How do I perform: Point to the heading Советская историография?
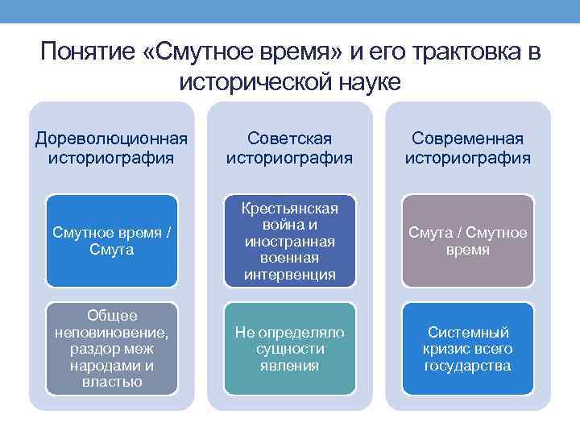[x=290, y=147]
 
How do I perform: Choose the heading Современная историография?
[x=468, y=147]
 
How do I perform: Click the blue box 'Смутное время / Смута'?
[x=111, y=241]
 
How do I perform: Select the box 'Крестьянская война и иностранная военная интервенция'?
[x=290, y=241]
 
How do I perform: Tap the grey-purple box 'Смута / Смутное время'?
[x=468, y=241]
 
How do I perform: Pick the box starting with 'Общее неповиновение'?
[x=111, y=349]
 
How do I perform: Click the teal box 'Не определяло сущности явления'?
[x=290, y=349]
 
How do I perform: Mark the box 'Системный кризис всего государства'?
[x=468, y=349]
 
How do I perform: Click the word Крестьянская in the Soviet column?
[x=290, y=208]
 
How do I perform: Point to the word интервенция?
[x=290, y=275]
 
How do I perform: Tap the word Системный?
[x=468, y=332]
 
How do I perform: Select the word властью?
[x=111, y=382]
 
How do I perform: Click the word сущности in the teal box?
[x=290, y=349]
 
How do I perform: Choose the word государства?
[x=468, y=366]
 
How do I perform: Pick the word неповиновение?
[x=111, y=332]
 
